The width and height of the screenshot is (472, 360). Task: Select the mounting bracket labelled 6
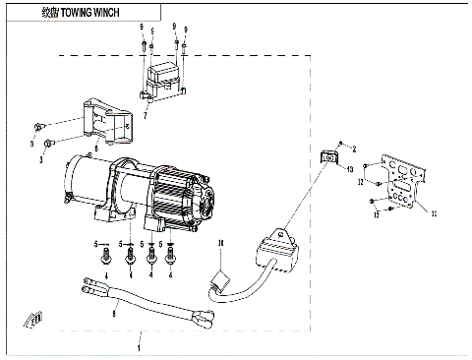coord(107,119)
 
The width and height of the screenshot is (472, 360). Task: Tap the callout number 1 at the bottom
coord(140,347)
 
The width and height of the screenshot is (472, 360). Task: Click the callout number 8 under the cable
coord(115,314)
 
